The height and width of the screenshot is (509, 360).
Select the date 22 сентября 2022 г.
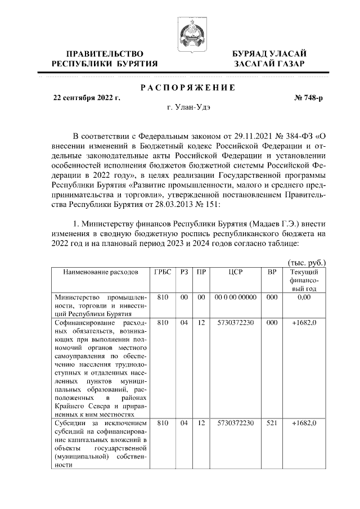pyautogui.click(x=87, y=97)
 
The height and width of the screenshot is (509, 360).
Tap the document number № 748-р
pyautogui.click(x=309, y=97)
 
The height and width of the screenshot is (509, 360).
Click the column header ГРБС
pyautogui.click(x=162, y=272)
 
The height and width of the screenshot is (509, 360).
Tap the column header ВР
pyautogui.click(x=272, y=272)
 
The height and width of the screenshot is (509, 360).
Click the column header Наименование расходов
pyautogui.click(x=100, y=272)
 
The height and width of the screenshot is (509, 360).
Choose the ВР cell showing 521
pyautogui.click(x=272, y=422)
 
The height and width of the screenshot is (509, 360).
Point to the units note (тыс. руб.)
pyautogui.click(x=307, y=262)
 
